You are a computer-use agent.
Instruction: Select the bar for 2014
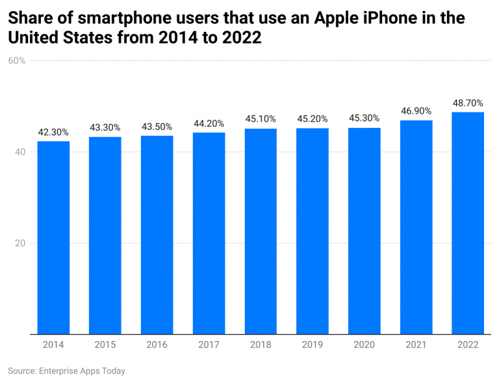click(x=53, y=238)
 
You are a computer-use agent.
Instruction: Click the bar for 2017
click(x=209, y=233)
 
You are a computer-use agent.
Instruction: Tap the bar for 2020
click(x=365, y=231)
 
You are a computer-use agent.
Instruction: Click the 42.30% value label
click(x=53, y=132)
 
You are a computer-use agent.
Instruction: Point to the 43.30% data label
click(x=105, y=127)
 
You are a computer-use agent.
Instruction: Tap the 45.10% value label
click(x=261, y=119)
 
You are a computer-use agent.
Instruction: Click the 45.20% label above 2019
click(x=313, y=119)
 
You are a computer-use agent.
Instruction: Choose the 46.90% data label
click(x=416, y=111)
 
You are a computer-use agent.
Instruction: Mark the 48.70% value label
click(x=468, y=103)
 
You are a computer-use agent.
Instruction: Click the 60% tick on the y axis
click(x=17, y=61)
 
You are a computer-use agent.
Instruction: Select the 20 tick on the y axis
click(x=19, y=244)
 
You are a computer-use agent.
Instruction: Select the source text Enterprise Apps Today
click(x=81, y=371)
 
